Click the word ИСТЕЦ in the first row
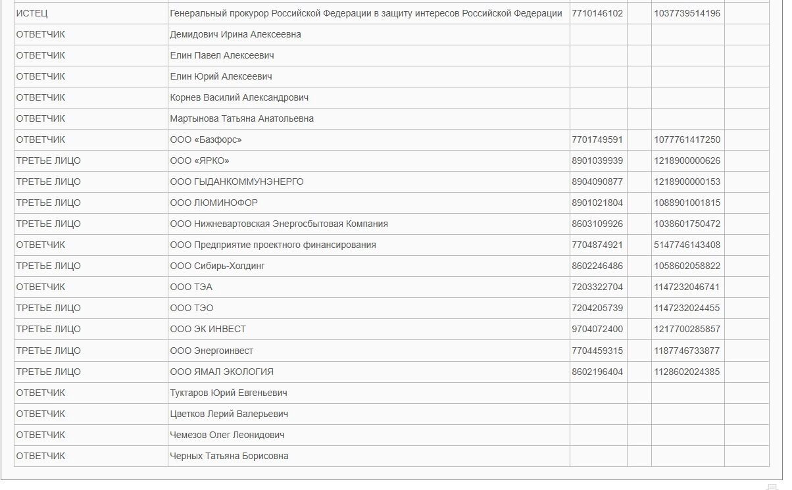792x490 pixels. [x=32, y=13]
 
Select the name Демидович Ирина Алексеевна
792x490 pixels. [x=235, y=34]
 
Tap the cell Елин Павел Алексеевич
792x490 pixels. [x=222, y=55]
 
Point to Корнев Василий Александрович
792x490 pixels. [x=239, y=97]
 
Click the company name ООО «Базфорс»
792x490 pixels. [x=206, y=139]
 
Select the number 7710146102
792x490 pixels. [x=597, y=13]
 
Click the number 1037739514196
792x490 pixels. [x=687, y=13]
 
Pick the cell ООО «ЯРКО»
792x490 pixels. [x=199, y=160]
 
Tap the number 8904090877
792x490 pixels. [x=597, y=182]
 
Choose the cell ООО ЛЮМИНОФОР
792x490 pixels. [x=214, y=203]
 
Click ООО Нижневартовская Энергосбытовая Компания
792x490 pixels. [x=279, y=224]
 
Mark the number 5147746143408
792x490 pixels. [x=687, y=245]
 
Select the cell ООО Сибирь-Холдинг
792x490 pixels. [x=217, y=266]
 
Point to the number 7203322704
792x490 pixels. [x=597, y=287]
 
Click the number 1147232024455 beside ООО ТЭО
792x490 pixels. [x=687, y=308]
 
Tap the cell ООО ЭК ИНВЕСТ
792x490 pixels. [x=208, y=329]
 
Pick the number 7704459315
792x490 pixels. [x=597, y=351]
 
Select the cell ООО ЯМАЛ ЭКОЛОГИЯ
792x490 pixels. [x=222, y=372]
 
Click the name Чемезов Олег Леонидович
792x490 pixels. [x=227, y=435]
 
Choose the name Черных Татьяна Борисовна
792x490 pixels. [x=229, y=456]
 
